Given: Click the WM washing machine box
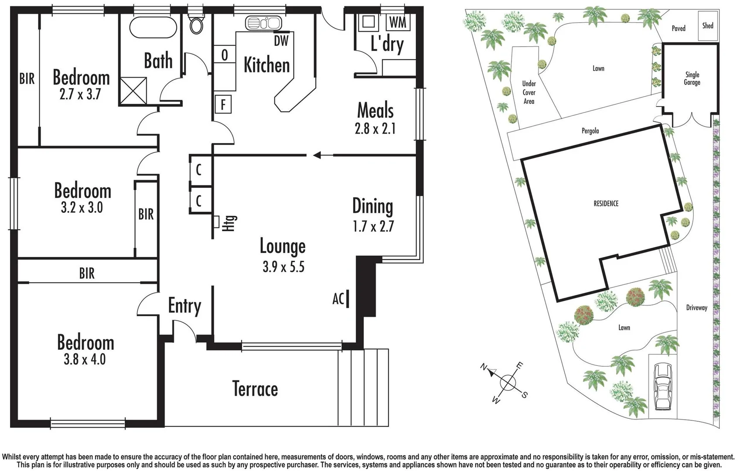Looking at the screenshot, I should [397, 22].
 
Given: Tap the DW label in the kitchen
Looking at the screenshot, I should [281, 41].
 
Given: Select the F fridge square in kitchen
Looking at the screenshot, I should [223, 105].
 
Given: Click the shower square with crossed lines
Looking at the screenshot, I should [133, 91].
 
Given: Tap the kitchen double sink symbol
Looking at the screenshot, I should [263, 23].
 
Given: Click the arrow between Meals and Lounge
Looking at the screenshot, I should [317, 155].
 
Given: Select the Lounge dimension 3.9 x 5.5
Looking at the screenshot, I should [283, 266].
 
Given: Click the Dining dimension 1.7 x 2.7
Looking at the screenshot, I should [373, 226].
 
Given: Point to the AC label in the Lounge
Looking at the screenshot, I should [338, 299].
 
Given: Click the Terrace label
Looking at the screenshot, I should [255, 389].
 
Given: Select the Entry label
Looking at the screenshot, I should [184, 306].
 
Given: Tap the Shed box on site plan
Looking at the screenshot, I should [708, 26].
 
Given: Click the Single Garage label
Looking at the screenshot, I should [692, 78].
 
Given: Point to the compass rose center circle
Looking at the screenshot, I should [508, 383].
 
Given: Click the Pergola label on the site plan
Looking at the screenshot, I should [590, 131].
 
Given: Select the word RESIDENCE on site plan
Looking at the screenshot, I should [606, 204].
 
